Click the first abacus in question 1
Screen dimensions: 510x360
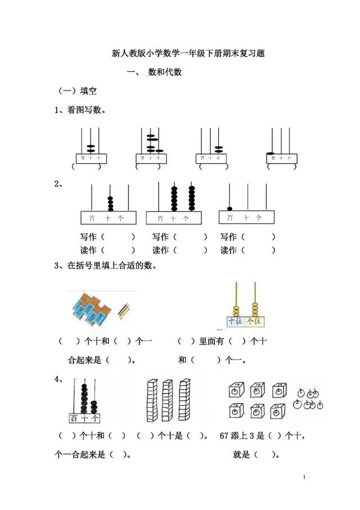click(x=90, y=147)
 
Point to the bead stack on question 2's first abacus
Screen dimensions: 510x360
click(x=110, y=203)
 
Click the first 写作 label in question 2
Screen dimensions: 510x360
click(x=89, y=237)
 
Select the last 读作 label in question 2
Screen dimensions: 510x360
click(x=228, y=250)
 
